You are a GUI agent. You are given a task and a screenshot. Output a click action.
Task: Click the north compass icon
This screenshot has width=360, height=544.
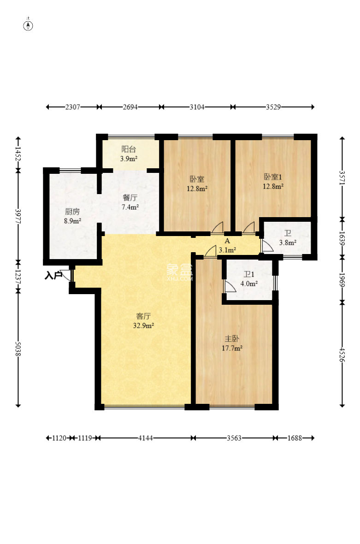coord(28,25)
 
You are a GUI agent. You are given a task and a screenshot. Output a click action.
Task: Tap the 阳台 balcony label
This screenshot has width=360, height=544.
coord(128,149)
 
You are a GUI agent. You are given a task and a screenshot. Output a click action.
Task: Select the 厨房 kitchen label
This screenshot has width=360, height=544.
coord(72,212)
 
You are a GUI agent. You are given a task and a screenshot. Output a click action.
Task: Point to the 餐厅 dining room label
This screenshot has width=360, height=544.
coord(130,198)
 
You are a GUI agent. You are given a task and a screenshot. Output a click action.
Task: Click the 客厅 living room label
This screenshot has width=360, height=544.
coord(143,316)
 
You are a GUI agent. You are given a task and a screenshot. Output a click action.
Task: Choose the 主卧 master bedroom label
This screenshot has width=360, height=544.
coord(232,338)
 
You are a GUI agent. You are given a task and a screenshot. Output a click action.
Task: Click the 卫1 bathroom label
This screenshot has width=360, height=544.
coord(249,274)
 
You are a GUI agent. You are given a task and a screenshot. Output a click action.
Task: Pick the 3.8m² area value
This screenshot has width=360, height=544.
coord(288,243)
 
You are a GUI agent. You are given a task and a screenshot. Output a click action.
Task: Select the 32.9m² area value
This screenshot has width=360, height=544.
coord(143,326)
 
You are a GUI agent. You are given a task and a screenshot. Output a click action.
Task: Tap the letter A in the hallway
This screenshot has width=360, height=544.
coord(228,241)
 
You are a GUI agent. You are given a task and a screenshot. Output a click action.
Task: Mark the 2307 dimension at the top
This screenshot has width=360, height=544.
coord(72,107)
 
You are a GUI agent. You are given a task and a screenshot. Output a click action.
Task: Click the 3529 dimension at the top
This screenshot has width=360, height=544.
coord(273,107)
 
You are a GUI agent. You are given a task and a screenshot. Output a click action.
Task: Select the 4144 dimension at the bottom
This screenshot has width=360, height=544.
coord(145,438)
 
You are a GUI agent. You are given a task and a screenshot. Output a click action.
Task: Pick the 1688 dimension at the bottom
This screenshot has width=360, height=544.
coord(295,438)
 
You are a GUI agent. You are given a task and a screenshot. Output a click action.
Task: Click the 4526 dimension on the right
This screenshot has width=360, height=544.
coord(342,355)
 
